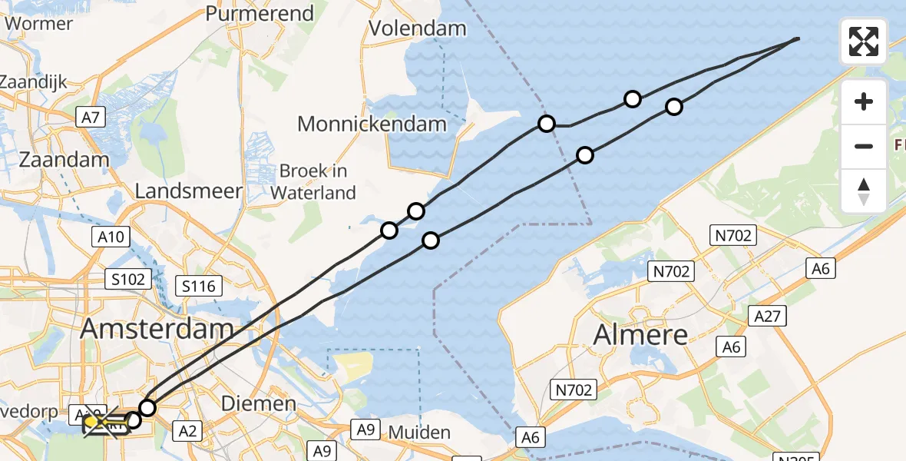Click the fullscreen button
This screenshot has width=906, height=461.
pos(864,41)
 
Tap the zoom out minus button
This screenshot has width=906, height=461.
pos(864,146)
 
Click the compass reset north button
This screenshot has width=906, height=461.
pos(864,191)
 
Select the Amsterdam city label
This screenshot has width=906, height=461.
pos(157,329)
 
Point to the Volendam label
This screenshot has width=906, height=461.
pos(417,29)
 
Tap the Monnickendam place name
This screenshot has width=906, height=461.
pos(372,124)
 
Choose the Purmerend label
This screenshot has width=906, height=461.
pos(260,14)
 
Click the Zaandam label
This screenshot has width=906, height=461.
pos(64,160)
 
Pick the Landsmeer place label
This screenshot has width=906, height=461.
pos(189,191)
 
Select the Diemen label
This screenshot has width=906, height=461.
pos(258,403)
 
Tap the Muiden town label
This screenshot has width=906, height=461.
pos(419,433)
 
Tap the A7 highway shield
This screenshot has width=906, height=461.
pos(91,118)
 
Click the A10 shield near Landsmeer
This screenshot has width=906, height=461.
pos(111,237)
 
